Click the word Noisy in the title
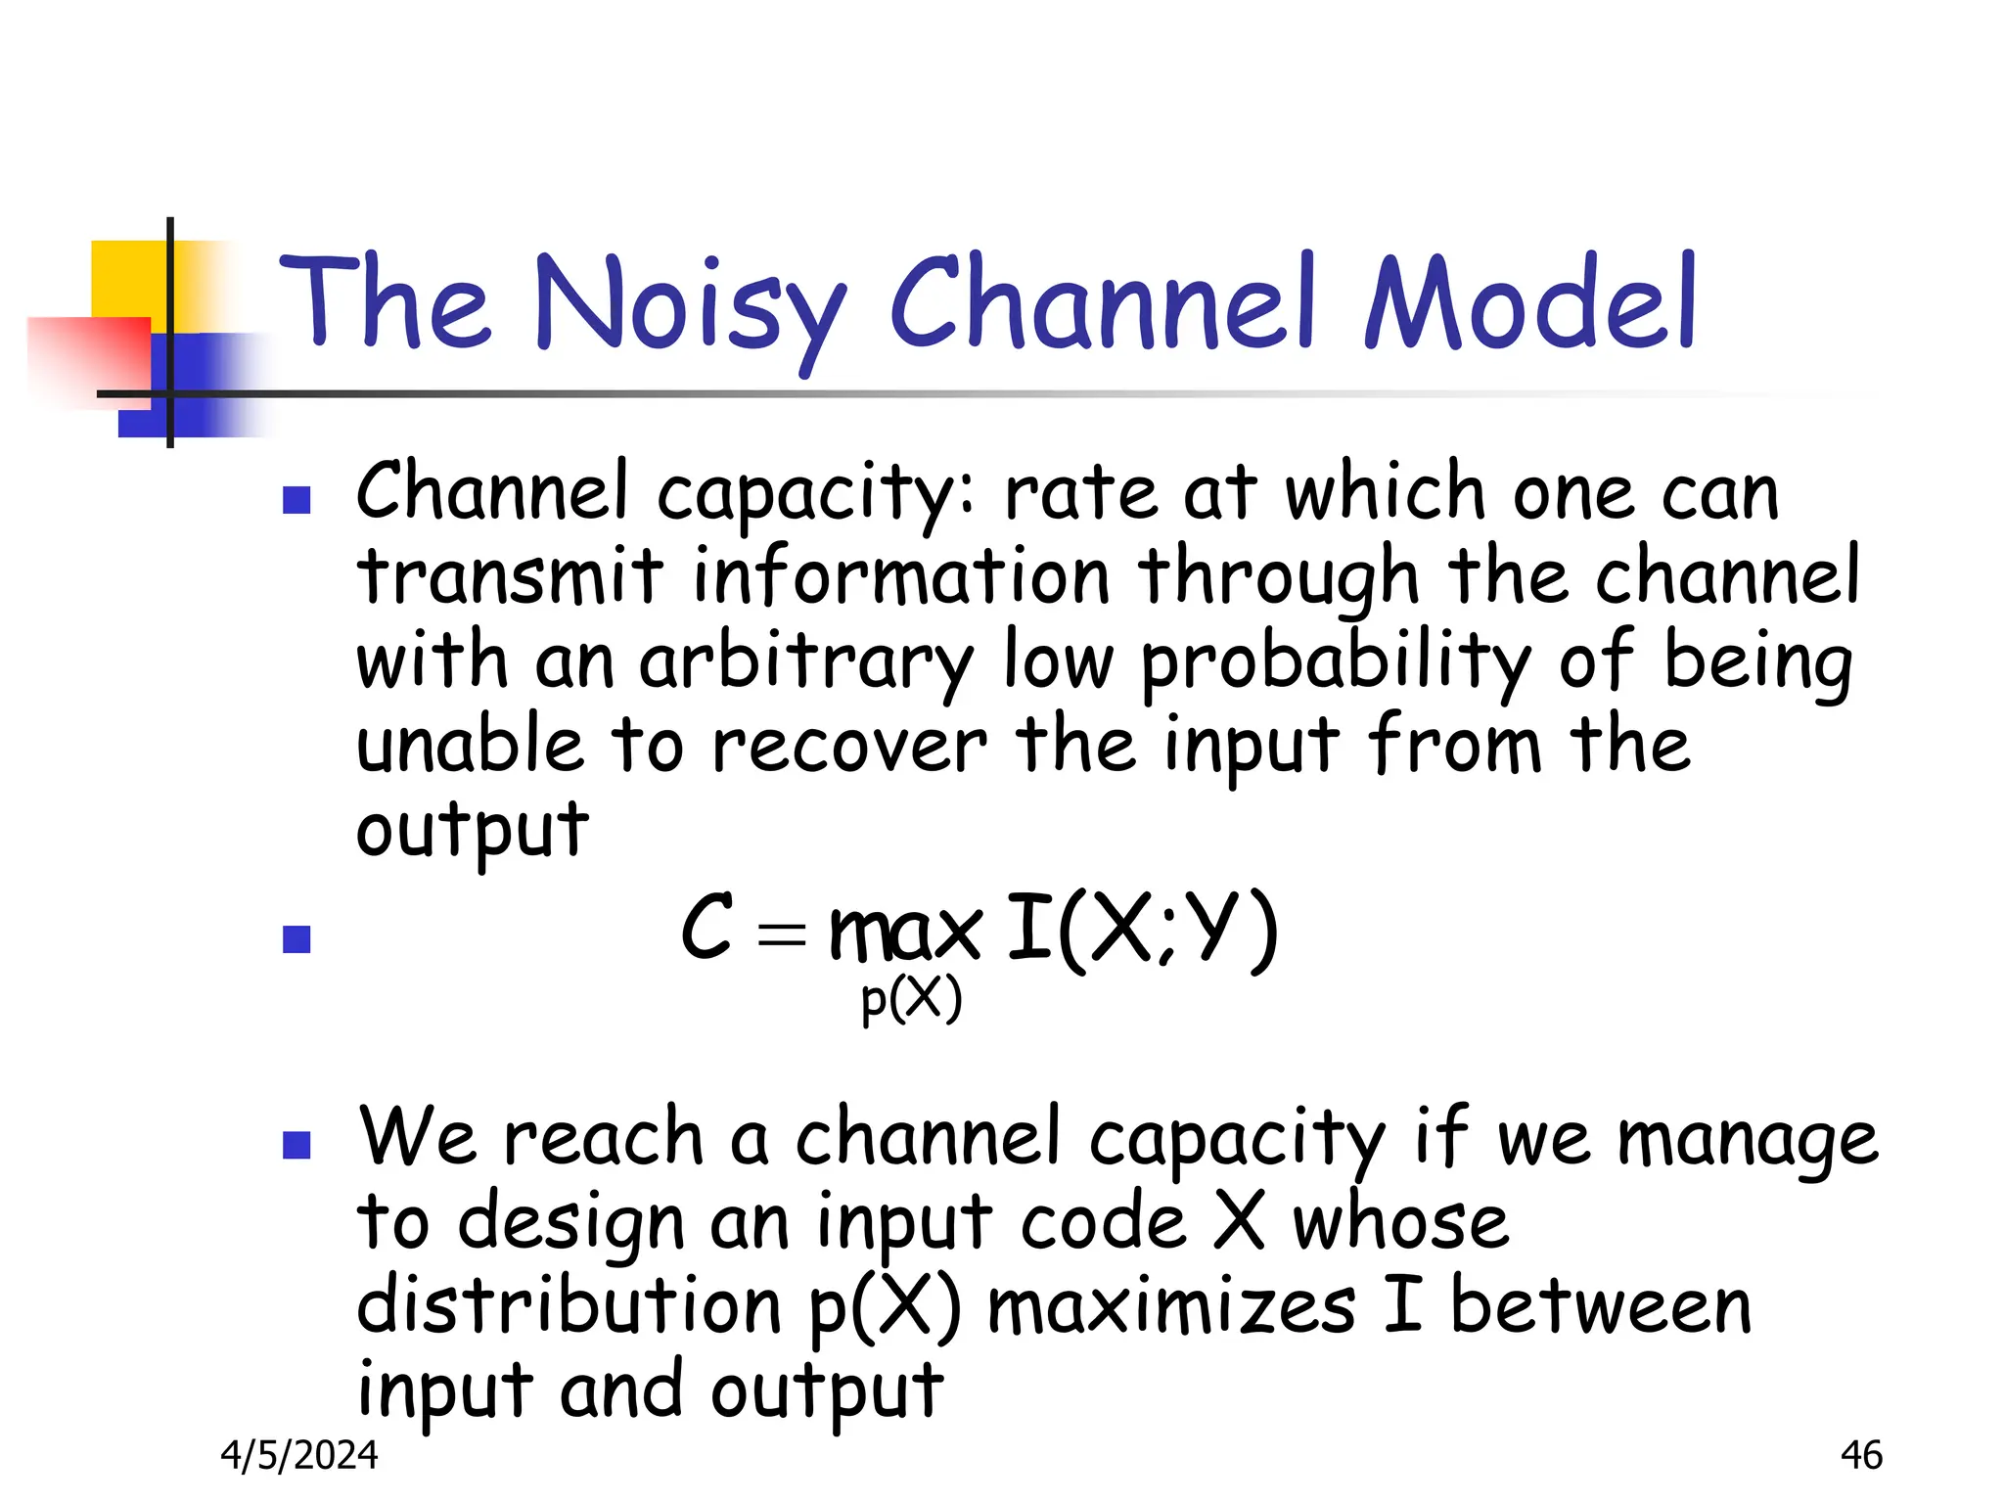690,305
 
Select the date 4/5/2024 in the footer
299,1455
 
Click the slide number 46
1860,1455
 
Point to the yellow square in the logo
127,279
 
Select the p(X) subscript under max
911,1000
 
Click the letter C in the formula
706,926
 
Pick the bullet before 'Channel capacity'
296,501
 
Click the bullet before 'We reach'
296,1145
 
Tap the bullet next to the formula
296,939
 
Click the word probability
1336,663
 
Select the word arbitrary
806,663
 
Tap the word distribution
569,1306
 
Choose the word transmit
510,577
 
